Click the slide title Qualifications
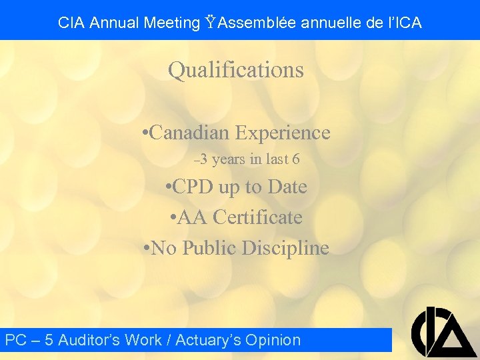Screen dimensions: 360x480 coord(235,70)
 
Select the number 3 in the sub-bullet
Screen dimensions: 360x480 coord(203,159)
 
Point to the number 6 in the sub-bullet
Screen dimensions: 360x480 coord(295,159)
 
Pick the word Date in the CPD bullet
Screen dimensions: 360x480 coord(287,187)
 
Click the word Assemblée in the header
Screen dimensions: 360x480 coord(257,23)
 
